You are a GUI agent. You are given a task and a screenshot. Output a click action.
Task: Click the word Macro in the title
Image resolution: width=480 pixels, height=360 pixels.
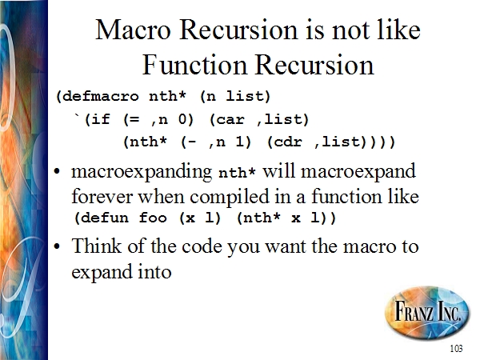pos(133,30)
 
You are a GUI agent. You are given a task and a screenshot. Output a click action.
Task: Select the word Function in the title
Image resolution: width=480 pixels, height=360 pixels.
pos(194,66)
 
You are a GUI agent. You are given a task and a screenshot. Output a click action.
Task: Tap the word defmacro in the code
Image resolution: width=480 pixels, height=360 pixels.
pos(100,97)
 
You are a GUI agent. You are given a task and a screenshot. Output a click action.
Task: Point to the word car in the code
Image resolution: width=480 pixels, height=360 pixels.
pos(230,120)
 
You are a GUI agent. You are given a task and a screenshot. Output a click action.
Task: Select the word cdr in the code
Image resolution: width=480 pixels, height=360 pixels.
pos(288,142)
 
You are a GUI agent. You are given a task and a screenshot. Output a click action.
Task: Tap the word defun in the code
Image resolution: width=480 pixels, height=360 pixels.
pos(104,218)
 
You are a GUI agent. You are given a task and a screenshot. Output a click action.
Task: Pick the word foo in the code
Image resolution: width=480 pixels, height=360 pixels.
pos(153,218)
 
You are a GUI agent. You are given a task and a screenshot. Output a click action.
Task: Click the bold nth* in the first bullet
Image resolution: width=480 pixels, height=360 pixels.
pos(237,173)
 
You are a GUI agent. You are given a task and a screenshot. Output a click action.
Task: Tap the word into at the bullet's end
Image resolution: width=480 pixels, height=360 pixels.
pos(154,271)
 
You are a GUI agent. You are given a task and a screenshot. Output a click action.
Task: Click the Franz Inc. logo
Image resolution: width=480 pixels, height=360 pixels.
pos(427,312)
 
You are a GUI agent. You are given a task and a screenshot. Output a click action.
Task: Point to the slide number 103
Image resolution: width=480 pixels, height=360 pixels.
pos(456,348)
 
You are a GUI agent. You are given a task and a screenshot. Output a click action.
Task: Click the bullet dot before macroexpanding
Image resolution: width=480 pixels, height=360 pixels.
pos(57,172)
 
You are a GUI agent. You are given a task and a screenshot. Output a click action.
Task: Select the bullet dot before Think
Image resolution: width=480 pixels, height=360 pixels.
pos(57,246)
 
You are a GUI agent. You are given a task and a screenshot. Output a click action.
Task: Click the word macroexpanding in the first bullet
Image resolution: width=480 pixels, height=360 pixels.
pos(142,172)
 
